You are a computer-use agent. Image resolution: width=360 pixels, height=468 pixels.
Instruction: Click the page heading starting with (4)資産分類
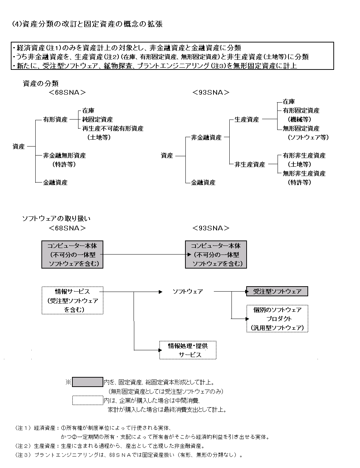(x=87, y=24)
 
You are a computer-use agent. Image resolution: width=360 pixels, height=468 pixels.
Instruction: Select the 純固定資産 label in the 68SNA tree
(x=97, y=120)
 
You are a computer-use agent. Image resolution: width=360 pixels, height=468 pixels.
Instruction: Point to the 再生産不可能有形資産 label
(x=113, y=129)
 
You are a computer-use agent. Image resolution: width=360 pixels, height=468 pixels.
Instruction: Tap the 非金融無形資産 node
(x=64, y=156)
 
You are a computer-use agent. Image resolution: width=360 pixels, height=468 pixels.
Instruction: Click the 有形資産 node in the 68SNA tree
(x=55, y=120)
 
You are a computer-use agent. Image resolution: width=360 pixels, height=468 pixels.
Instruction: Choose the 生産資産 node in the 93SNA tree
(x=247, y=120)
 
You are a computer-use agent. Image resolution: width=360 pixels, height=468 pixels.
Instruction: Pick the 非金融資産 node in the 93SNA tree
(x=206, y=138)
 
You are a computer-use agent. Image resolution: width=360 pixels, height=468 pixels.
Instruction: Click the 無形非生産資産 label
(x=304, y=174)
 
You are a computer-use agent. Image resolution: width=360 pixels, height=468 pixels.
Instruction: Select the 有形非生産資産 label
(x=304, y=156)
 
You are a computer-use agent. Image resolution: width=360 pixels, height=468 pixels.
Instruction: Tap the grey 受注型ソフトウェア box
(x=277, y=291)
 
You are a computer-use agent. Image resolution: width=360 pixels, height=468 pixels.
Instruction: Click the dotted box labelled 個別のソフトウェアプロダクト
(x=277, y=319)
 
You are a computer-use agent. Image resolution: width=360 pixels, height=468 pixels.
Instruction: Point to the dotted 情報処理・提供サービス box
(x=188, y=350)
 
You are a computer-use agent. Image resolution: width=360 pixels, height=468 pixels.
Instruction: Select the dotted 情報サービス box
(x=72, y=300)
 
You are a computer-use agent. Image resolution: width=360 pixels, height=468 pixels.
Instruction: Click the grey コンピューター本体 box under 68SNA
(x=72, y=255)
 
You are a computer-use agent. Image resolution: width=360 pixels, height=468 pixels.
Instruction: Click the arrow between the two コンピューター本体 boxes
(x=144, y=255)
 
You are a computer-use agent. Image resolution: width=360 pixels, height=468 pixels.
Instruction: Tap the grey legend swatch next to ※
(x=87, y=382)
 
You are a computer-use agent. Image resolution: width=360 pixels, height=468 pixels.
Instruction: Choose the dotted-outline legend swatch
(x=87, y=400)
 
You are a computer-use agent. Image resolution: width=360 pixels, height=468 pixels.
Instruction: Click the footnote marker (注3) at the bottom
(x=24, y=455)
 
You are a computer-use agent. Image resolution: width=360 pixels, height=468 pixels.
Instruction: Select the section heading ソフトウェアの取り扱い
(x=57, y=219)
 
